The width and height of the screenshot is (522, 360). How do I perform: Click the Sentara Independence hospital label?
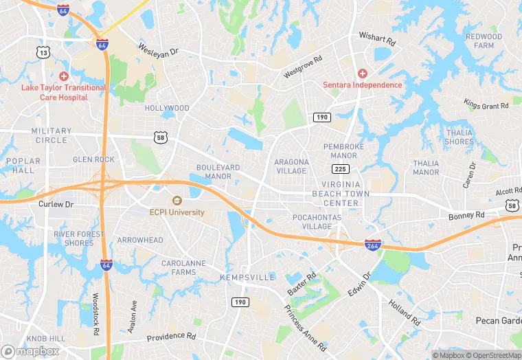362,85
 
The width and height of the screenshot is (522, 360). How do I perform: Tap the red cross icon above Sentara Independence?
362,73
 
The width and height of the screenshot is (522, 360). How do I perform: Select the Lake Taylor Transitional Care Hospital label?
64,92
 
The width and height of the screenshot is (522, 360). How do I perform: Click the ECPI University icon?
177,201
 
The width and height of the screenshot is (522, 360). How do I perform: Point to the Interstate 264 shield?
372,245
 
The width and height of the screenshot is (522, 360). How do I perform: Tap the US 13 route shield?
44,52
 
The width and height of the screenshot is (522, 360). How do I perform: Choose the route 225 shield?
339,168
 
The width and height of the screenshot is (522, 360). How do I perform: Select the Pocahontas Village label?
313,221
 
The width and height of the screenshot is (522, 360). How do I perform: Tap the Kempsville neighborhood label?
247,277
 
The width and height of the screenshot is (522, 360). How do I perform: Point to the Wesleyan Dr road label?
158,50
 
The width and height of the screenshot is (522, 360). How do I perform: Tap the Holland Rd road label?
405,311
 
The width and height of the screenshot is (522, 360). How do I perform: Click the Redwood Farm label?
484,41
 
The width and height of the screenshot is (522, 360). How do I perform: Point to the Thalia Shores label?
459,137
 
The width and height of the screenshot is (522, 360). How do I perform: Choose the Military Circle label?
51,135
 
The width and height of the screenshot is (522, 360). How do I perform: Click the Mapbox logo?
30,351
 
